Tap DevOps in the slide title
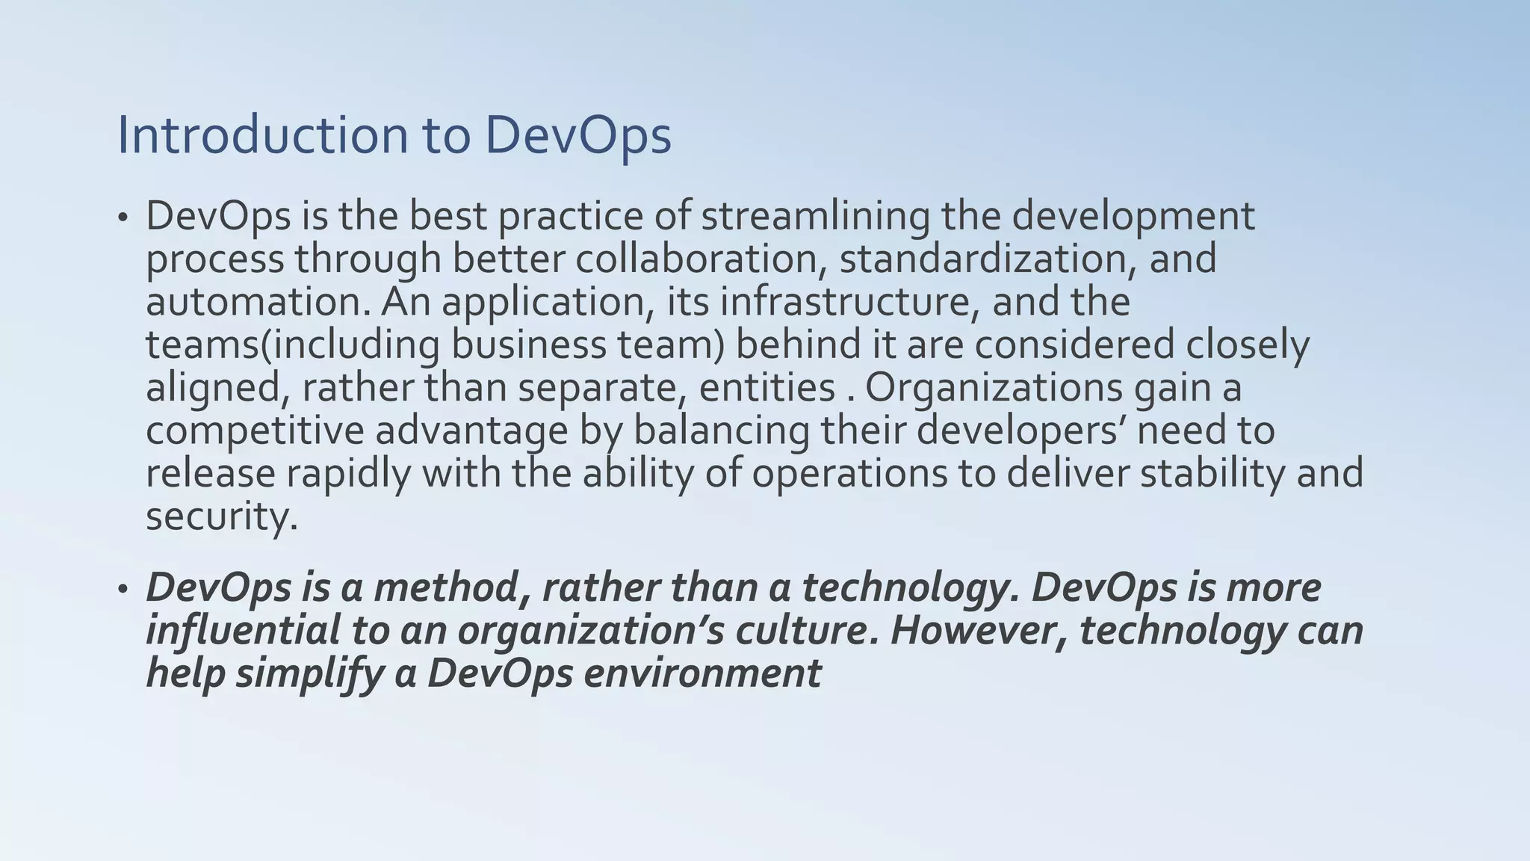point(577,137)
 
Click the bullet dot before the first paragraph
point(123,219)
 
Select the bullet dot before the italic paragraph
point(123,590)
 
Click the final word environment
point(702,673)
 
